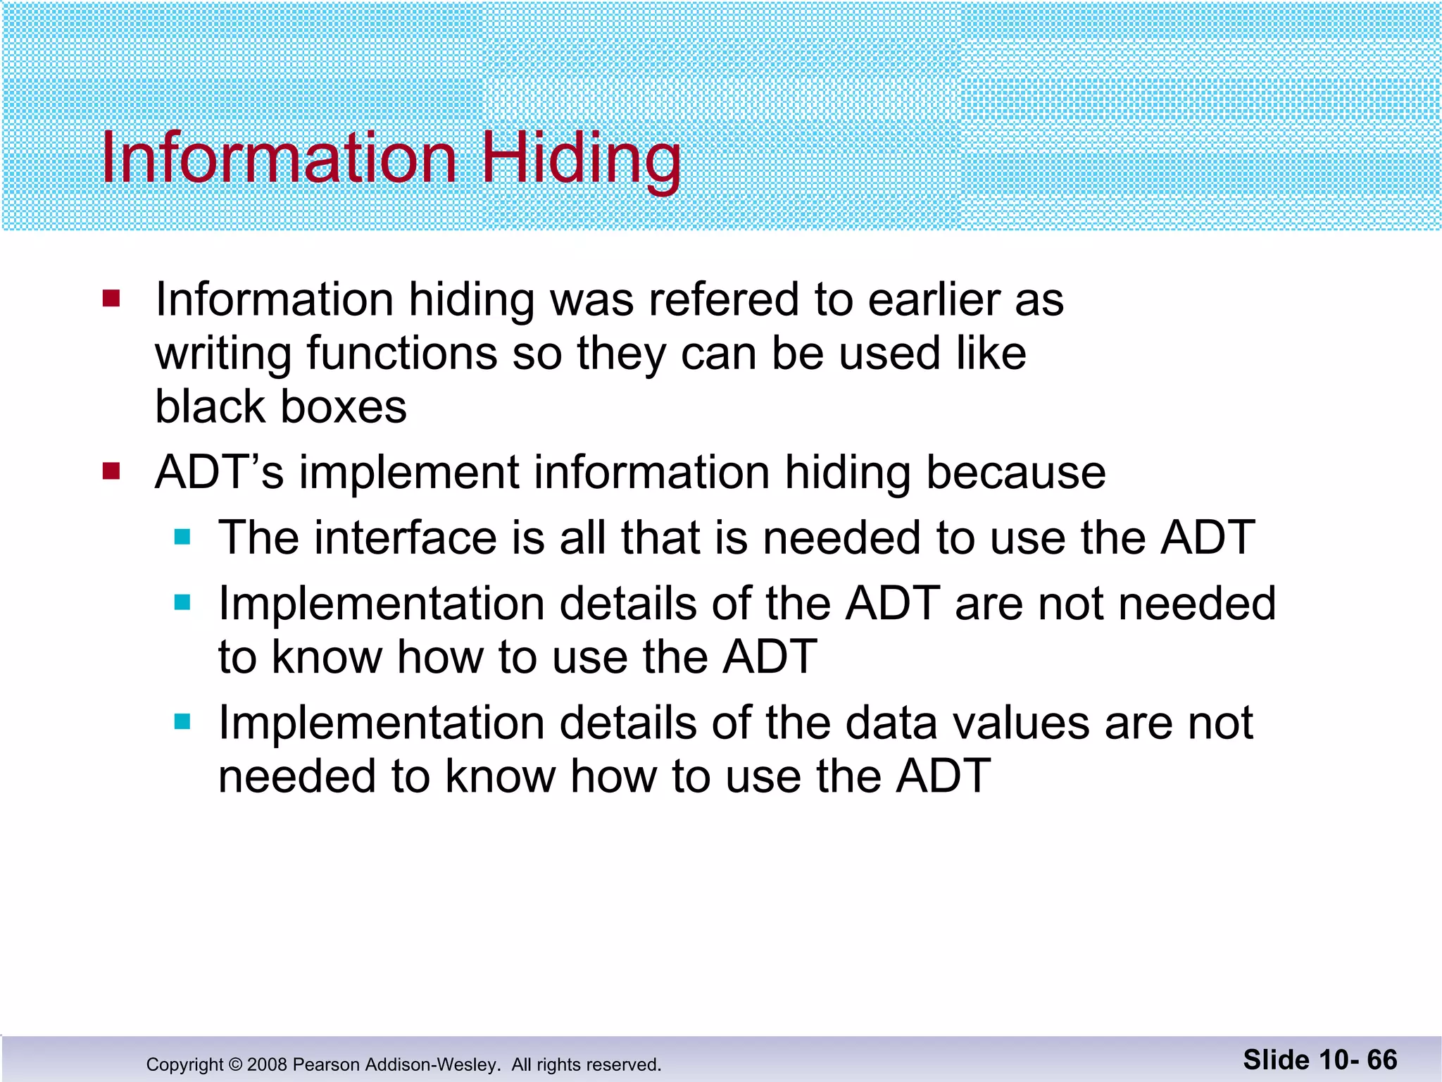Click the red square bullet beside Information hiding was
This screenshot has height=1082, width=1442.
pos(111,299)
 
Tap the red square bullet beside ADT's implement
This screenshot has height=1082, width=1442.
pos(111,471)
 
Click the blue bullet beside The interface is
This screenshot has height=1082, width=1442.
pos(182,537)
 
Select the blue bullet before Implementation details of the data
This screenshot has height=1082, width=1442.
pos(182,722)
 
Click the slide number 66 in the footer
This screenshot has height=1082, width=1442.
pos(1381,1059)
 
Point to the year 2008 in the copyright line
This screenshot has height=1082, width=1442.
pos(267,1064)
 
